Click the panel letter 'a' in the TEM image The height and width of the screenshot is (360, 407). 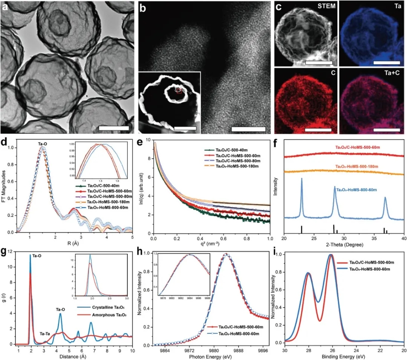click(6, 7)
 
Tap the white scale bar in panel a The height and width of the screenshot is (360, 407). click(113, 128)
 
